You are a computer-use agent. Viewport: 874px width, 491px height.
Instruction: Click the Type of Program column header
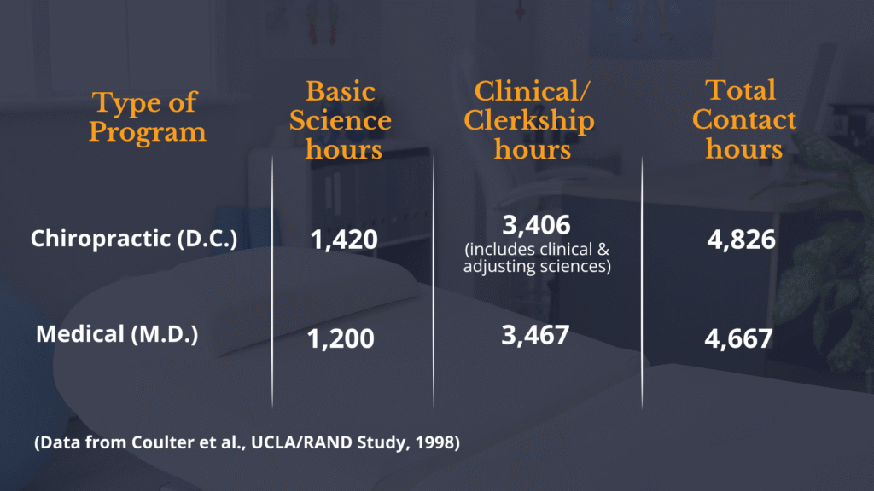[147, 118]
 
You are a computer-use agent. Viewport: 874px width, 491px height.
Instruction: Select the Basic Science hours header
[340, 120]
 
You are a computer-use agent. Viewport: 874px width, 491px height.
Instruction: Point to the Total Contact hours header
[743, 119]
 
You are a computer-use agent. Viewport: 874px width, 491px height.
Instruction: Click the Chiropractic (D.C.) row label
[133, 239]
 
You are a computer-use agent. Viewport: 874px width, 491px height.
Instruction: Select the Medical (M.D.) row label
[117, 333]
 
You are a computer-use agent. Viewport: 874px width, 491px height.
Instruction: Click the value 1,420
[343, 240]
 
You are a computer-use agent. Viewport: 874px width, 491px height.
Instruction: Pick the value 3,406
[536, 226]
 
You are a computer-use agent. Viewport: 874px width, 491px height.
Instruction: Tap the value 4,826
[741, 240]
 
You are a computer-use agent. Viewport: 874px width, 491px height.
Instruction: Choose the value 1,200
[341, 338]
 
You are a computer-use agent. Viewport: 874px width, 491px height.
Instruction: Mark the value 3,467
[534, 334]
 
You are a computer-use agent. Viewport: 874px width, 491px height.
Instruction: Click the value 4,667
[738, 338]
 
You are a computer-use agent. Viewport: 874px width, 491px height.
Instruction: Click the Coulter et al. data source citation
[247, 444]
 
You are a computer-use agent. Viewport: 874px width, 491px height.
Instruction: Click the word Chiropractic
[101, 239]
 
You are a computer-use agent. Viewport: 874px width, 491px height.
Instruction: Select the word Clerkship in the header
[529, 120]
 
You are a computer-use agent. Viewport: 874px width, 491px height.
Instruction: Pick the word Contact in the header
[743, 119]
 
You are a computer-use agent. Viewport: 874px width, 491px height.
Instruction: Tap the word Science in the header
[340, 120]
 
